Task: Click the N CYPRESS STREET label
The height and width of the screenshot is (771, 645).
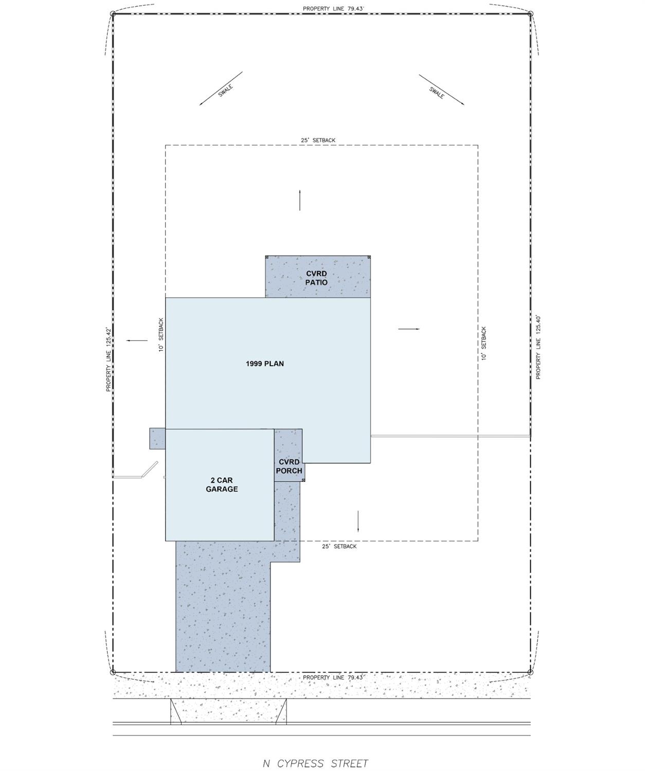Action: (315, 763)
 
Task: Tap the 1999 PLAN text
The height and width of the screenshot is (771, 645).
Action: (264, 364)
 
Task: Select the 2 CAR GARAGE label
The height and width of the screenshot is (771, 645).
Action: (222, 485)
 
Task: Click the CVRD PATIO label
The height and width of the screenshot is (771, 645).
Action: (316, 278)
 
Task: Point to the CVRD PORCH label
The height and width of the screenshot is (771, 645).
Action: (289, 467)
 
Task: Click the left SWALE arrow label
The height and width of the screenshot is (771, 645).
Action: (225, 91)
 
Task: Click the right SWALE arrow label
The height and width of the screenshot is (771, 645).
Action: (437, 92)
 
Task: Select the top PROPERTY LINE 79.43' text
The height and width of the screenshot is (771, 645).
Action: (333, 9)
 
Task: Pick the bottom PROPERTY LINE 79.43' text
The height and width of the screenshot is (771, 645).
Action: (333, 677)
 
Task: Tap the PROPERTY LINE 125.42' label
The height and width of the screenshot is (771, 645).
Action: (109, 359)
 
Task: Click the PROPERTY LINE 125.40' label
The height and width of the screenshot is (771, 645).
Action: (538, 347)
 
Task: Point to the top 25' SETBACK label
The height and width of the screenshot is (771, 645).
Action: (318, 140)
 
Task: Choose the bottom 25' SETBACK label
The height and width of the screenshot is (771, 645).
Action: (339, 546)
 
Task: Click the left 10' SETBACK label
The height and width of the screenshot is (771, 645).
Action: (161, 335)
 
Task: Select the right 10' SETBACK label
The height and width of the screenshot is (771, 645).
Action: (483, 343)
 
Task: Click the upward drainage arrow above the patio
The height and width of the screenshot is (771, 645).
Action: (300, 200)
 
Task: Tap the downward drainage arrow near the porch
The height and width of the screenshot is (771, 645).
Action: (358, 521)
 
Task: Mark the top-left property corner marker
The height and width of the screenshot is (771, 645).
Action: (113, 14)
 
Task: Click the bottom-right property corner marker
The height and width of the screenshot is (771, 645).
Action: (531, 672)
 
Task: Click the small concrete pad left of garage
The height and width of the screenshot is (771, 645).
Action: (157, 438)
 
